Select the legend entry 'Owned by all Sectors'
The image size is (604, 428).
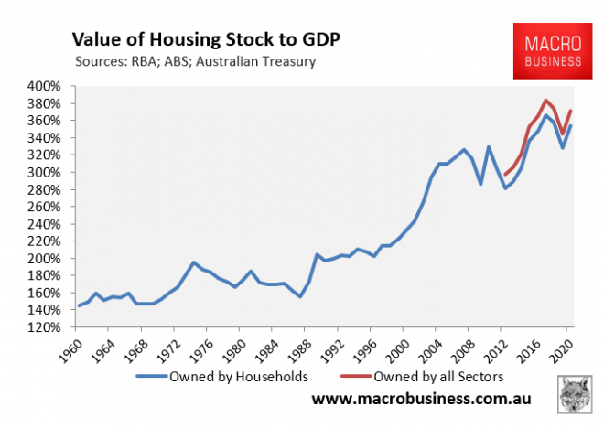tap(437, 374)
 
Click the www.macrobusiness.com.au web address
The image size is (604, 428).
tap(422, 400)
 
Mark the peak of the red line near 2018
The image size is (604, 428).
tap(546, 101)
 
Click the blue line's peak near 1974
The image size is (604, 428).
tap(193, 262)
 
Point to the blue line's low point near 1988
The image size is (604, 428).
tap(300, 296)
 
